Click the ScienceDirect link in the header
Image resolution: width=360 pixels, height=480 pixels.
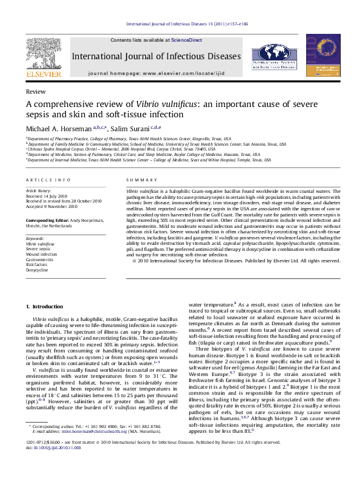186,40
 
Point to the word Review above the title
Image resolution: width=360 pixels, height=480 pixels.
36,92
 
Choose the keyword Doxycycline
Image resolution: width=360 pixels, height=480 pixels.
38,270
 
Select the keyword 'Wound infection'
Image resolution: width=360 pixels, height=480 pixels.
41,255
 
